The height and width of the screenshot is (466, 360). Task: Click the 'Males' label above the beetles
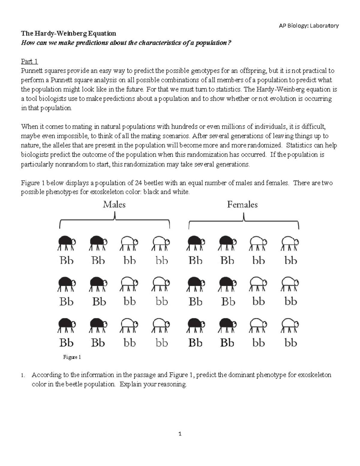tap(114, 205)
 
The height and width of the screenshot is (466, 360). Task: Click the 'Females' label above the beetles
tap(242, 205)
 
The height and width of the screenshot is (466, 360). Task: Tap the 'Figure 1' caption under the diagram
tap(72, 357)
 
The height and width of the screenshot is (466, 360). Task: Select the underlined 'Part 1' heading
tap(29, 62)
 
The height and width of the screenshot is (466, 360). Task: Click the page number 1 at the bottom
tap(180, 434)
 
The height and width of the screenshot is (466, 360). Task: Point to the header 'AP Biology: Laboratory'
tap(309, 26)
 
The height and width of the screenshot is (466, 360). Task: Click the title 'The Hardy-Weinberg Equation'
tap(68, 33)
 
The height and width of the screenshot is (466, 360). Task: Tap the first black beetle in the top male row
tap(67, 243)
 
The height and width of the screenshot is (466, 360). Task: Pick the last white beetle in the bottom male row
tap(161, 325)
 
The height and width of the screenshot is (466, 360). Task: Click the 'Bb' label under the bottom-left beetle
tap(66, 343)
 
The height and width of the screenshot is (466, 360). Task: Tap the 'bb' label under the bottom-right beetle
tap(290, 343)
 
